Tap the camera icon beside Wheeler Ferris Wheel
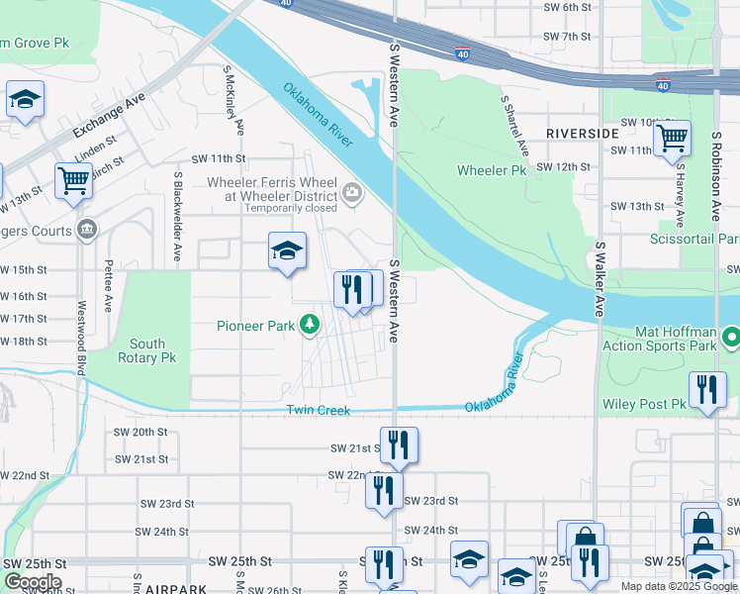click(351, 191)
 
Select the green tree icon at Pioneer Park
click(310, 324)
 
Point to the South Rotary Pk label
click(147, 350)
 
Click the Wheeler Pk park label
click(492, 170)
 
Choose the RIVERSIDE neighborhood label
click(582, 133)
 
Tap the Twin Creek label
click(320, 410)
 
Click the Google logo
click(33, 582)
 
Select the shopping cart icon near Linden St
click(73, 181)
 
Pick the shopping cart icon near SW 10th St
click(672, 139)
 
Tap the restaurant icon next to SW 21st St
click(399, 445)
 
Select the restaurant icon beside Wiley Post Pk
click(707, 389)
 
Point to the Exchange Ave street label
click(108, 117)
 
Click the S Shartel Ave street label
click(514, 126)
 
